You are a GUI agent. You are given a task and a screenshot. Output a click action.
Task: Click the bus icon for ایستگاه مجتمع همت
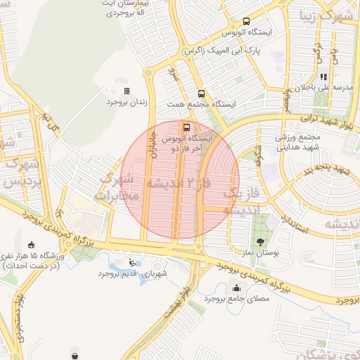point(201,94)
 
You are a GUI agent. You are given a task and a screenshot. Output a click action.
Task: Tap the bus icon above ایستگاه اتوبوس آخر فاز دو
point(186,128)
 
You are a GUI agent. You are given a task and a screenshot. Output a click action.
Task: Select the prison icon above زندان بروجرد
point(127,91)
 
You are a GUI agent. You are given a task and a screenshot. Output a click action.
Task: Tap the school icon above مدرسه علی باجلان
point(323,77)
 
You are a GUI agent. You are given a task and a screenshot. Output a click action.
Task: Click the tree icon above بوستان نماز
point(261,241)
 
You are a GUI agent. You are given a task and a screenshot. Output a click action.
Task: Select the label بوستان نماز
point(261,252)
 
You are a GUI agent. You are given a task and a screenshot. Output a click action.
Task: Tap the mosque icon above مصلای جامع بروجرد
point(236,288)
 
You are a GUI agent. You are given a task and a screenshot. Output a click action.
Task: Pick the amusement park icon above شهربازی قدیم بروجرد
point(133,262)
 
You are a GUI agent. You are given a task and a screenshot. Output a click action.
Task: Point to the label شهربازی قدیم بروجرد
point(131,273)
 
